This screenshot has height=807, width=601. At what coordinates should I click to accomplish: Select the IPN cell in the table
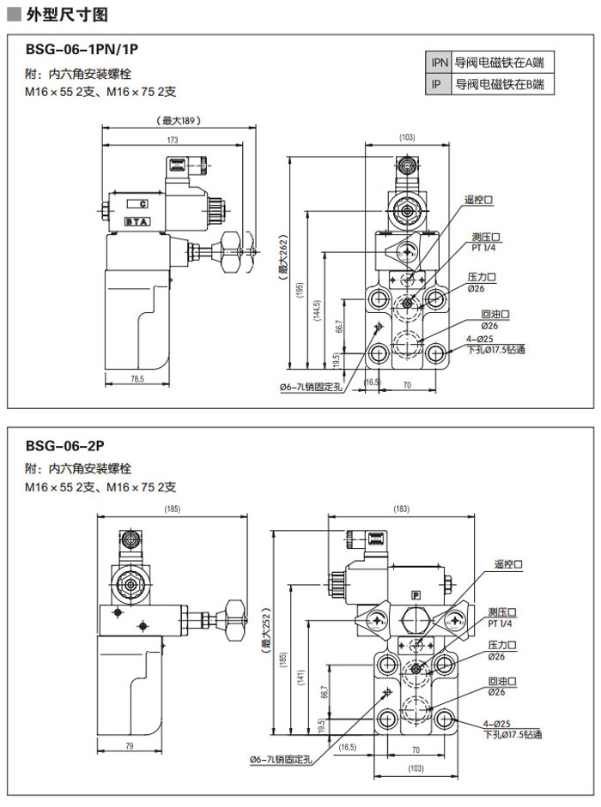(440, 63)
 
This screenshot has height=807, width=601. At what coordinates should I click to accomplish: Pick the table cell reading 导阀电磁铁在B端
(503, 84)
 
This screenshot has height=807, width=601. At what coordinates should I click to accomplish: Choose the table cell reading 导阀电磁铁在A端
(503, 63)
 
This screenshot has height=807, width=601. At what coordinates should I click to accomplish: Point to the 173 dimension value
(173, 140)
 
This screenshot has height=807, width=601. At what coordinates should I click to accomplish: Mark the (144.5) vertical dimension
(318, 310)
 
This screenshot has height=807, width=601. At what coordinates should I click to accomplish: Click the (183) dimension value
(401, 509)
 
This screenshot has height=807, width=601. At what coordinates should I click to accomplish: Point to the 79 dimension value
(129, 746)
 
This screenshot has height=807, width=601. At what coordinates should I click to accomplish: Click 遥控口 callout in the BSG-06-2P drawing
(508, 565)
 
